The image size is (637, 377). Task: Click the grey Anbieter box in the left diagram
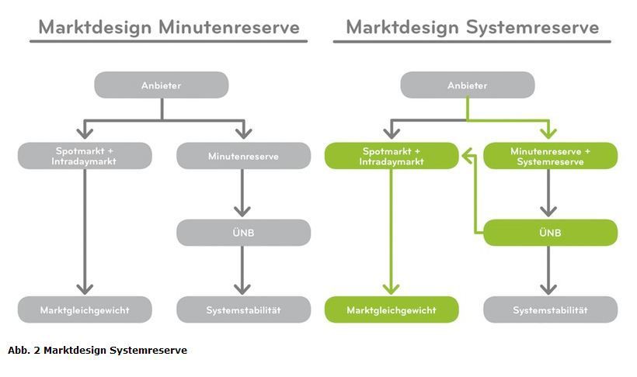162,85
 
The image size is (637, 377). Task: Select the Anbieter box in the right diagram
468,85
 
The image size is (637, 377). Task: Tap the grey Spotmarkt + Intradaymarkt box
85,156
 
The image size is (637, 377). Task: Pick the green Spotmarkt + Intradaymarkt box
392,156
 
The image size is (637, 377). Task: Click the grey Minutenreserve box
243,156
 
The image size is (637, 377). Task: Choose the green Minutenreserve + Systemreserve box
551,156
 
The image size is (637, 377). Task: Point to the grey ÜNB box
243,233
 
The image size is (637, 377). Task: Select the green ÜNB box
551,233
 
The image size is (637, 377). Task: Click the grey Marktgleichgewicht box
85,310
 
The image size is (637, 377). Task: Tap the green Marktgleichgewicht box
392,310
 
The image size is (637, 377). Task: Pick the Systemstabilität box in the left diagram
243,310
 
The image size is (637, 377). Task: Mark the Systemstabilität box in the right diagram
551,310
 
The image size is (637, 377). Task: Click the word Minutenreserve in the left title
229,27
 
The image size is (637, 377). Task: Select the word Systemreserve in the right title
533,27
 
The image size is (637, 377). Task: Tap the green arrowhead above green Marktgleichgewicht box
392,289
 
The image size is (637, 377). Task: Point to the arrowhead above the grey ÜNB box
242,212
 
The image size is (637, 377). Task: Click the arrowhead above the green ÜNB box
548,212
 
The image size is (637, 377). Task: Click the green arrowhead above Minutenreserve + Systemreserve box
549,133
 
